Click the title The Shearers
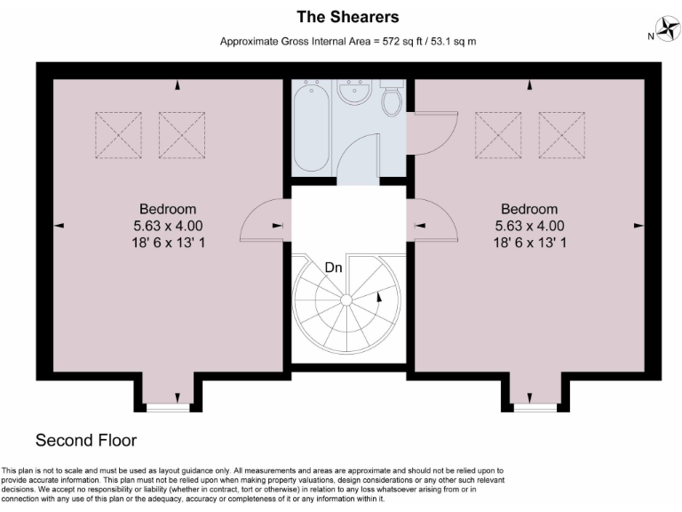coord(348,17)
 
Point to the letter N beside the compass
coord(650,36)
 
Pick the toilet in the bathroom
coord(391,100)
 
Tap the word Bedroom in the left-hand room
coord(167,210)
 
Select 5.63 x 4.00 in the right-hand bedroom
coord(528,226)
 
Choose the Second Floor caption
coord(86,440)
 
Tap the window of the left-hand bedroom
coord(168,408)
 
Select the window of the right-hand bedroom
coord(535,408)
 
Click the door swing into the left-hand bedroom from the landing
coord(263,220)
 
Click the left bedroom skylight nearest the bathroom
coord(182,134)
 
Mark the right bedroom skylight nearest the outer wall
coord(561,134)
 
